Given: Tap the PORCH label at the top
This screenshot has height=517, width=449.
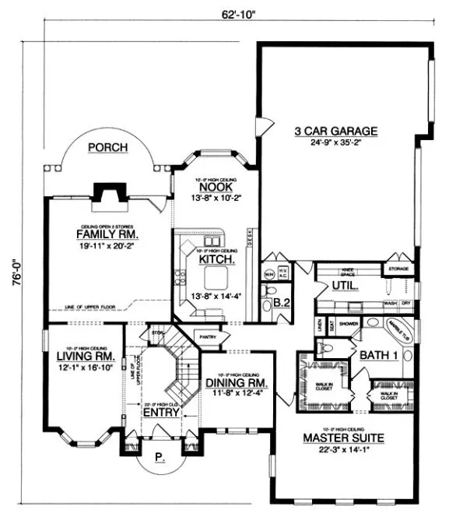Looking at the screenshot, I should pyautogui.click(x=107, y=146).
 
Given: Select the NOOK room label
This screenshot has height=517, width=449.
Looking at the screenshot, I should pyautogui.click(x=212, y=187).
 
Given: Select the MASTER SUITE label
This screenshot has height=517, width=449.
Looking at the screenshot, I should pyautogui.click(x=340, y=438).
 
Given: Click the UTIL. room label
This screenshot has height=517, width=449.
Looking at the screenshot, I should pyautogui.click(x=346, y=286).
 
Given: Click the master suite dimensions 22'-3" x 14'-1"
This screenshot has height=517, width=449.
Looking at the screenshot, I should pyautogui.click(x=340, y=450).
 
